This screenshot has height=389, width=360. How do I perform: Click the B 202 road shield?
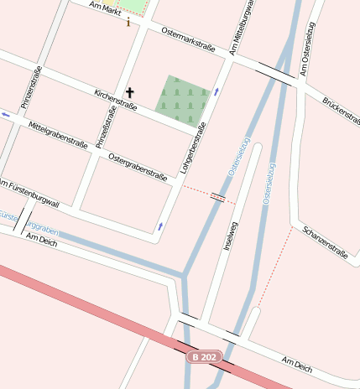click(204, 357)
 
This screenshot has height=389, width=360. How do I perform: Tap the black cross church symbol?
click(129, 91)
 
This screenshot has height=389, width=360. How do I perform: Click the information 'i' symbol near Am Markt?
click(128, 23)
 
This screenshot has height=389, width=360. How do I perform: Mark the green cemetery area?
click(183, 99)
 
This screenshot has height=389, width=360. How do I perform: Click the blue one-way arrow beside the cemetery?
click(217, 91)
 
